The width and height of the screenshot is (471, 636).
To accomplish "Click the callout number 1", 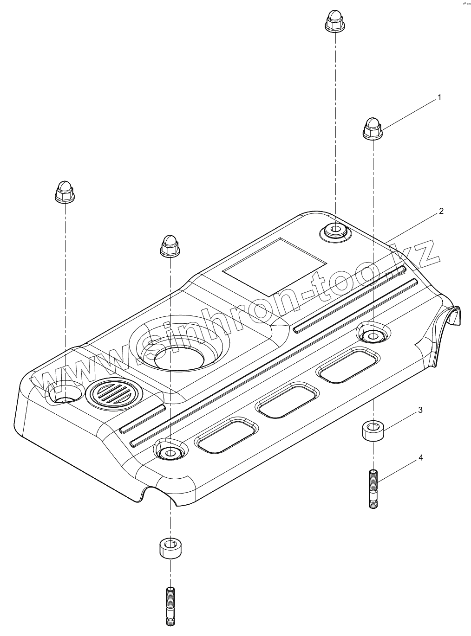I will (x=438, y=98).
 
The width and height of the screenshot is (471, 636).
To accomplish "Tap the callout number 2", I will (x=441, y=211).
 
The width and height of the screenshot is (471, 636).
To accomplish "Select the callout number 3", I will (x=420, y=410).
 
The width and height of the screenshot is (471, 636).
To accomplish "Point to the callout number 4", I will (x=420, y=458).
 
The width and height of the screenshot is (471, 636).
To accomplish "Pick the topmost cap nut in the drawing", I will (x=334, y=21).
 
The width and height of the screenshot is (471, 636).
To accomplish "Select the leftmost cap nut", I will (x=64, y=191).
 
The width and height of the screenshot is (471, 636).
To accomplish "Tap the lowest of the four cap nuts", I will (x=169, y=245).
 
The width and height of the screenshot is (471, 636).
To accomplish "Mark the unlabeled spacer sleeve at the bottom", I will (x=170, y=548).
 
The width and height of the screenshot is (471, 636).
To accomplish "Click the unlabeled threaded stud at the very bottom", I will (x=170, y=606).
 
